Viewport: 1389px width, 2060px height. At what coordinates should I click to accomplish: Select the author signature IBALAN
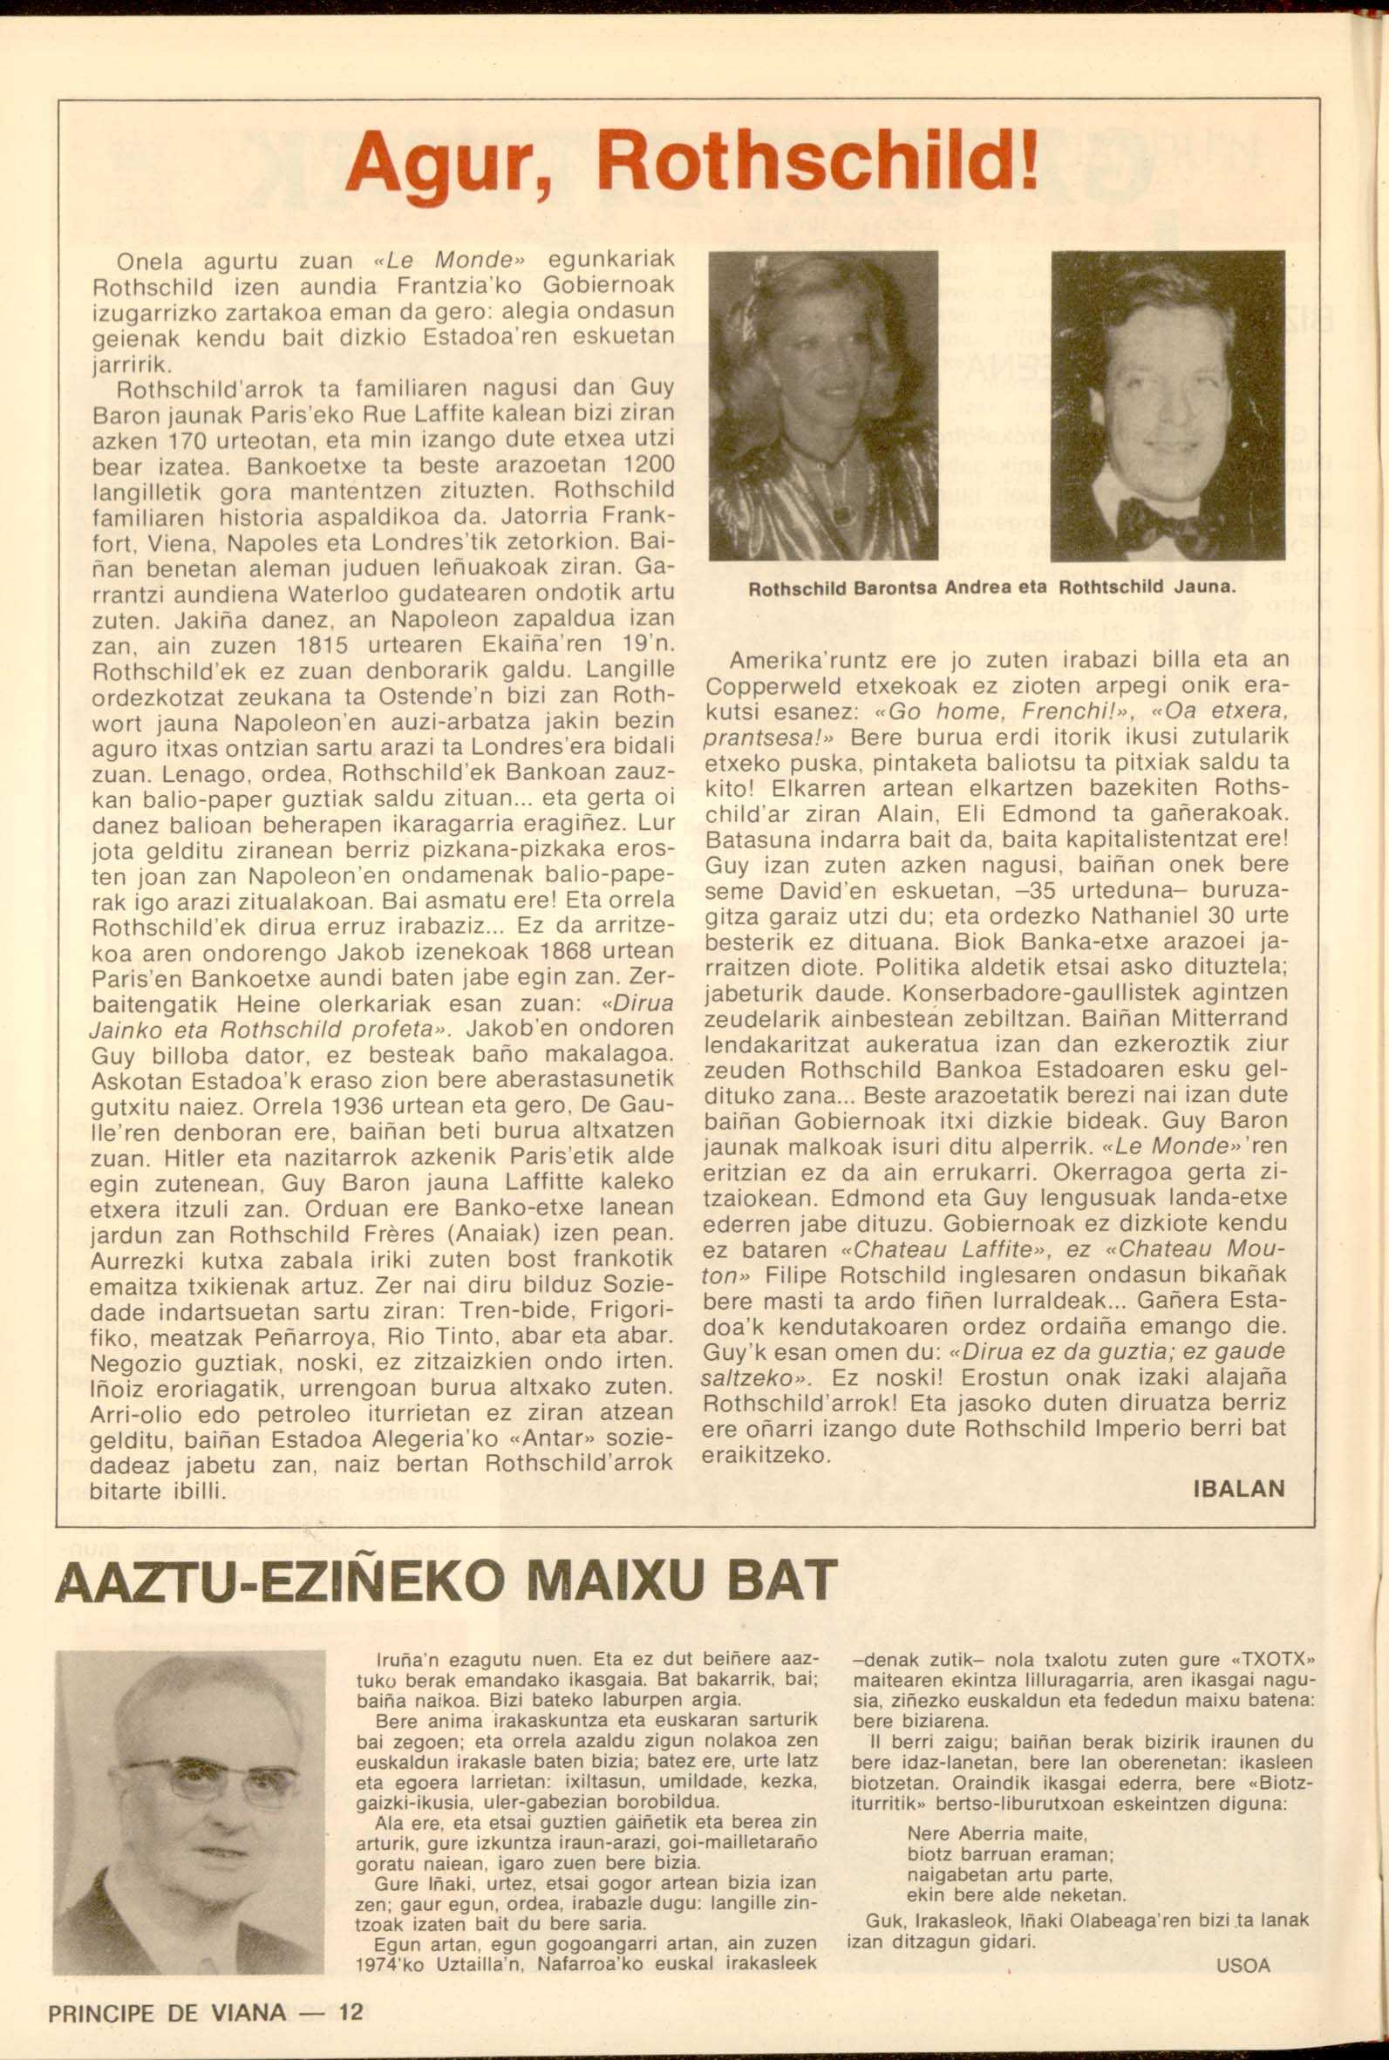pyautogui.click(x=1239, y=1487)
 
